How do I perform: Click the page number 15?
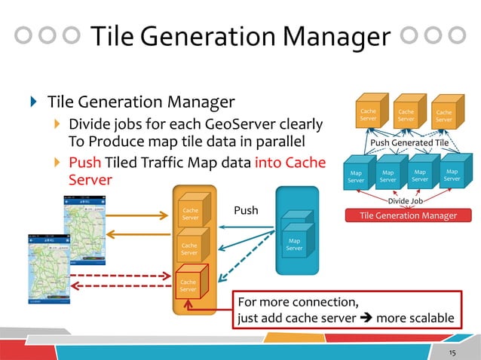click(x=453, y=352)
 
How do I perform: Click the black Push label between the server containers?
click(x=246, y=210)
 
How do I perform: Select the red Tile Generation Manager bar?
click(x=409, y=216)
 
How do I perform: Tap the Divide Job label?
click(x=405, y=202)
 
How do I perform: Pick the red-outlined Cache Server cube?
click(x=188, y=285)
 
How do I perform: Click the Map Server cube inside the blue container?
click(x=294, y=243)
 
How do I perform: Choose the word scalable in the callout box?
click(x=427, y=318)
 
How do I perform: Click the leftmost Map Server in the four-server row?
click(x=355, y=176)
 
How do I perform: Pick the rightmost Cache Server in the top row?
click(x=444, y=115)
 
